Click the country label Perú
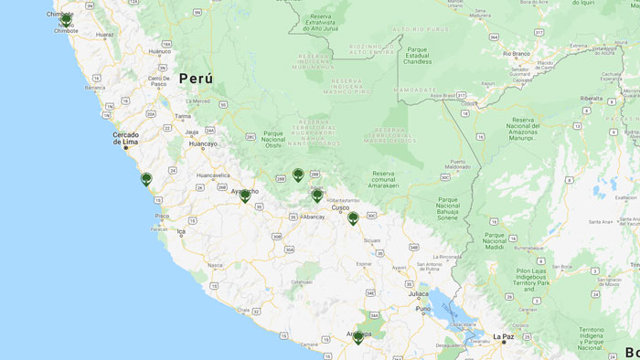(x=196, y=79)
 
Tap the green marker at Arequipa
(x=357, y=337)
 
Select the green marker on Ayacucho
(x=245, y=196)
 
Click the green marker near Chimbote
(x=66, y=20)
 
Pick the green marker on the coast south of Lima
(x=146, y=179)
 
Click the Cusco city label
(x=340, y=207)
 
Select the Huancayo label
(x=203, y=143)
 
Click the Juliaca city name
(x=419, y=293)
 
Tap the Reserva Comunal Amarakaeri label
(x=396, y=178)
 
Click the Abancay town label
(x=313, y=217)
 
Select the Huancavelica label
(x=213, y=175)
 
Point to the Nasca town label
(x=215, y=265)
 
